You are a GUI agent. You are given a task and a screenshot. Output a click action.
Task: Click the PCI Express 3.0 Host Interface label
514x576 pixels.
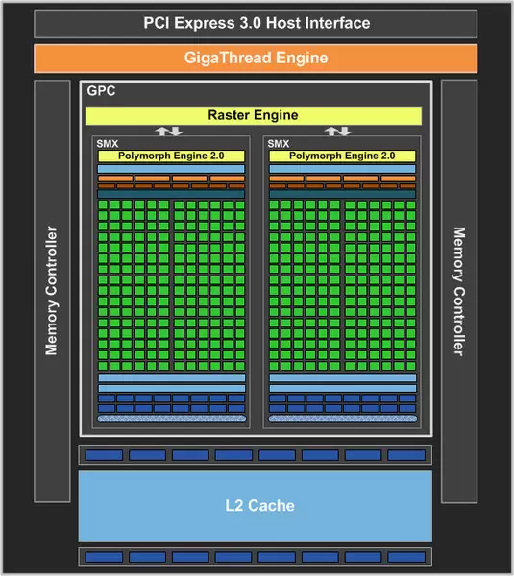257,23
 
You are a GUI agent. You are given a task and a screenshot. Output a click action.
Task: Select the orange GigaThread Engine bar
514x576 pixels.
257,58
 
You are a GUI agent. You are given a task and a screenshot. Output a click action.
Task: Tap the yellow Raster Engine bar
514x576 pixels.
253,115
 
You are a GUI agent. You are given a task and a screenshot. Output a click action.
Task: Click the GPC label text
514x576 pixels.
101,92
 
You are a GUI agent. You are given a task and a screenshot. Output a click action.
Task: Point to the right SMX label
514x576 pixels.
279,143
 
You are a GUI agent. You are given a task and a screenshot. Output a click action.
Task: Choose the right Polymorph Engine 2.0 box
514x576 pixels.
342,156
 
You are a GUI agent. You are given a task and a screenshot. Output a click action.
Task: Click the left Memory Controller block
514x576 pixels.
52,290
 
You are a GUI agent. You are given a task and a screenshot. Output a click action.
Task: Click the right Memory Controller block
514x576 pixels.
458,290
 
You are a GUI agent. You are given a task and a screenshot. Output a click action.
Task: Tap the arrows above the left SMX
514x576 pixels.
169,131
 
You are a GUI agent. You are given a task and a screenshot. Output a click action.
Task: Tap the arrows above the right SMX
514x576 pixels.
337,131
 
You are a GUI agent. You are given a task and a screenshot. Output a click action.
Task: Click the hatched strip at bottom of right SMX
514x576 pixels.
342,419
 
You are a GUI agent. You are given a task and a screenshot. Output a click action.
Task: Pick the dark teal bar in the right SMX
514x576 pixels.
342,193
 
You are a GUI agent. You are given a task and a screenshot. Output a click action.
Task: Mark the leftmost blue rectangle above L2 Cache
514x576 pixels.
99,455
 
